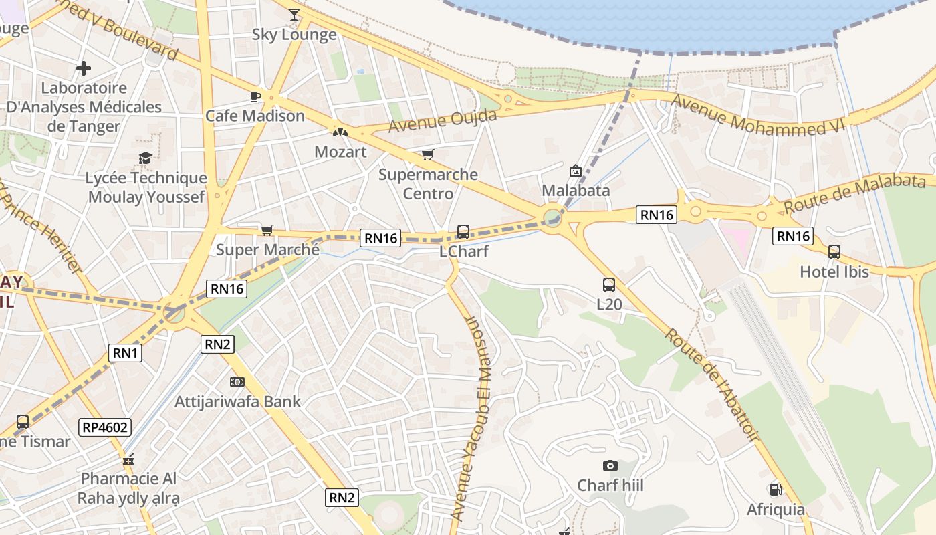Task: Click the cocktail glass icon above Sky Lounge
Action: pos(294,14)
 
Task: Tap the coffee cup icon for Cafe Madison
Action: pos(255,96)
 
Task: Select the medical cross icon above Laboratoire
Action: pos(84,68)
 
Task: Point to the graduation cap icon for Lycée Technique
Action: pos(145,158)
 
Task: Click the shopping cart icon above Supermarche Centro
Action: pos(427,155)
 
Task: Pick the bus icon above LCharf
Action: pos(463,232)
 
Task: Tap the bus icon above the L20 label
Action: pos(608,285)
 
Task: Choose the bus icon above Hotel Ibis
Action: pos(834,252)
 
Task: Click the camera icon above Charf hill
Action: pos(610,465)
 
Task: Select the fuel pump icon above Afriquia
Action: pos(776,490)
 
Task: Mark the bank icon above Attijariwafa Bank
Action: pos(237,382)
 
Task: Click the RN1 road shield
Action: pos(126,353)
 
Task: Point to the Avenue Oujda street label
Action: pos(443,120)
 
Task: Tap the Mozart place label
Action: pos(340,152)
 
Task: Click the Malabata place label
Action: pos(576,191)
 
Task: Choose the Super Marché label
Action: pos(267,250)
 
